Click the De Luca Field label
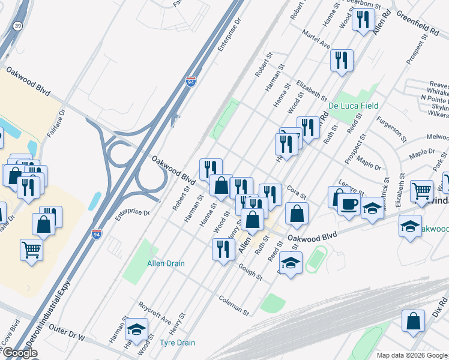[353, 106]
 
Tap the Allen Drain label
[166, 263]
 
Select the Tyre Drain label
[177, 343]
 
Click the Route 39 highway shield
[18, 25]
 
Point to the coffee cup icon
[349, 203]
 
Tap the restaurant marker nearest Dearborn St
[363, 20]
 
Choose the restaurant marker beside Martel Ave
[341, 60]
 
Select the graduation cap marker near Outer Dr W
[137, 329]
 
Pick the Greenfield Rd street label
[415, 22]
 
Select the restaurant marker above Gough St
[223, 248]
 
